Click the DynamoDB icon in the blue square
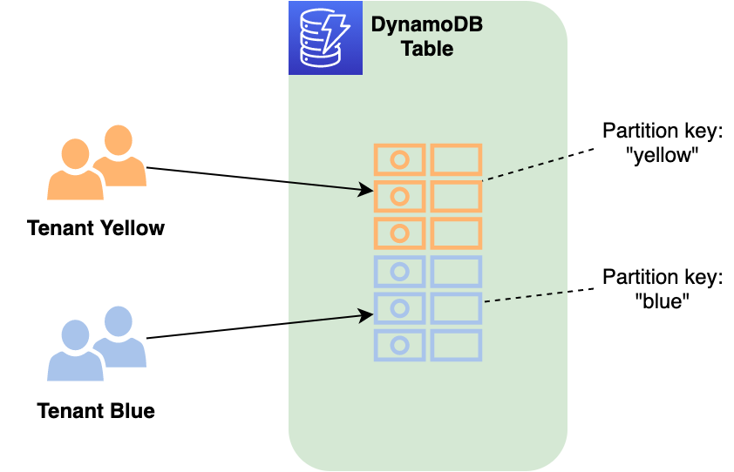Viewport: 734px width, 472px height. pyautogui.click(x=325, y=37)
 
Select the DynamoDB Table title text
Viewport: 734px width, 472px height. pyautogui.click(x=427, y=37)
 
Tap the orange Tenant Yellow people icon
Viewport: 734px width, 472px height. pyautogui.click(x=96, y=162)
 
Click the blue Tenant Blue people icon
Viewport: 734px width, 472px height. pyautogui.click(x=96, y=343)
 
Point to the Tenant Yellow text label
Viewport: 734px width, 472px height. pyautogui.click(x=96, y=228)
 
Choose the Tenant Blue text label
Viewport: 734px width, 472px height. pyautogui.click(x=96, y=410)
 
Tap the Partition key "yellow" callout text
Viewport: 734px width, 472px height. pyautogui.click(x=663, y=143)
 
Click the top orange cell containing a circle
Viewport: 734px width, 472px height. pyautogui.click(x=399, y=159)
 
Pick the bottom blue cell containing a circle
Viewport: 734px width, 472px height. pyautogui.click(x=399, y=345)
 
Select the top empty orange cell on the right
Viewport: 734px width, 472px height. pyautogui.click(x=456, y=159)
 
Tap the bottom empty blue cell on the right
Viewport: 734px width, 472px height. pyautogui.click(x=456, y=345)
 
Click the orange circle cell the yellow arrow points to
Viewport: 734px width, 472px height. pyautogui.click(x=399, y=196)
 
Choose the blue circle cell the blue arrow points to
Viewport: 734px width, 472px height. pyautogui.click(x=399, y=308)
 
